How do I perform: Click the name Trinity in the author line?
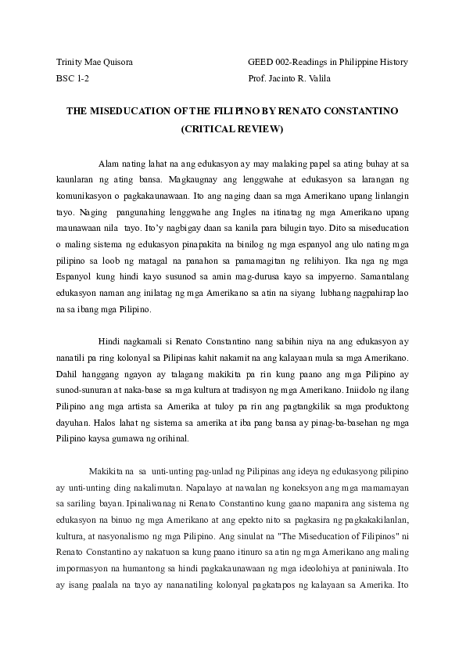click(71, 62)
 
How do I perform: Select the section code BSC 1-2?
click(73, 80)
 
